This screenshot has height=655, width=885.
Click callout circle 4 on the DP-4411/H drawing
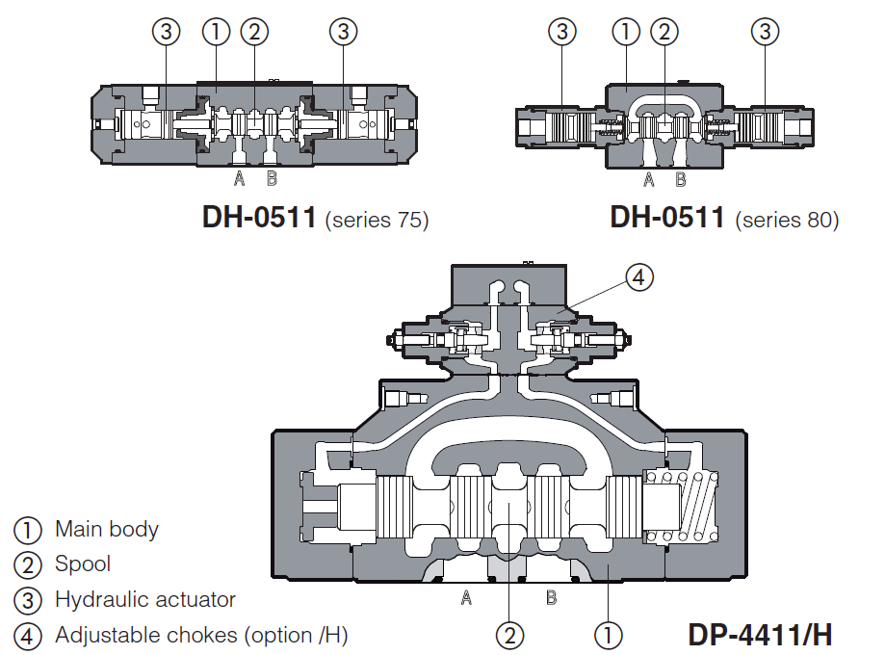coord(638,277)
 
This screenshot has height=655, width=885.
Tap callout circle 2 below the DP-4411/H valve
coord(509,635)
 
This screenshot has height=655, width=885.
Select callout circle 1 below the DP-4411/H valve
coord(608,635)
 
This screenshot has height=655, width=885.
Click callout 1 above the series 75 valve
coord(217,32)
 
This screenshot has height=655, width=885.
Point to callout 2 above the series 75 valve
coord(254,32)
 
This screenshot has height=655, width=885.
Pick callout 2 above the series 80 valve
coord(664,32)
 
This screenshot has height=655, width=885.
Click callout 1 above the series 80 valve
coord(626,32)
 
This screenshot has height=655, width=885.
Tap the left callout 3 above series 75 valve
coord(167,32)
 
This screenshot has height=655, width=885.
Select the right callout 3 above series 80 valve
coord(766,32)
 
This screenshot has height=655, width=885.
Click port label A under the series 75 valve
coord(240,178)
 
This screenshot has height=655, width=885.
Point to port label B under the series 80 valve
coord(681,179)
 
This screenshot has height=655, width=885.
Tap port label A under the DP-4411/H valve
coord(466,598)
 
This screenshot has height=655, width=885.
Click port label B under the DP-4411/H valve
coord(552,598)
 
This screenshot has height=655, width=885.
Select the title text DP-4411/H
coord(760,635)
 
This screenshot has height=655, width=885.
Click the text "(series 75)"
coord(377,220)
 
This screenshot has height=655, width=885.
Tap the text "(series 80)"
coord(787,220)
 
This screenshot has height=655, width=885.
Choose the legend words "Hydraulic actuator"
coord(145,599)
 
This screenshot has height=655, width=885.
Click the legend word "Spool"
coord(83,563)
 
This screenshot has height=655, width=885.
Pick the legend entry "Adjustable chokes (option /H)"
coord(201,635)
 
